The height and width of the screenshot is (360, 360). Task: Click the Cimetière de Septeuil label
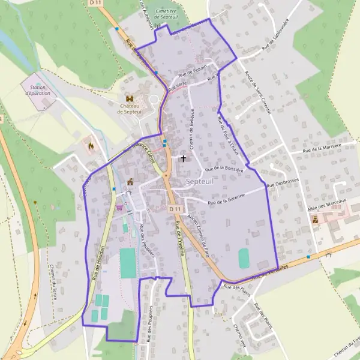point(166,14)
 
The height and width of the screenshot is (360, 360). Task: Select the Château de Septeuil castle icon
point(130,98)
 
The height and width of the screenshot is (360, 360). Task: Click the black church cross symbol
point(183,159)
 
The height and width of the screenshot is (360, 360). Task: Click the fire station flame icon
point(91,145)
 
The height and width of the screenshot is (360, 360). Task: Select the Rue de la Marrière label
point(322,148)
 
